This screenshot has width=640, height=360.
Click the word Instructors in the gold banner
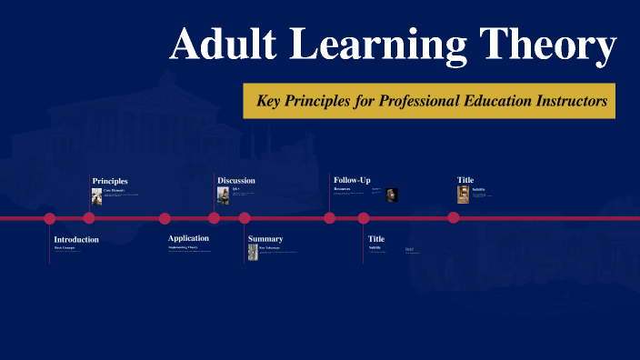tap(570, 101)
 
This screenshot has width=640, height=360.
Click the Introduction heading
tap(76, 239)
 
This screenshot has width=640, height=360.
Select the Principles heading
tap(110, 181)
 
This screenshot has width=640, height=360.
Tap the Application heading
tap(188, 238)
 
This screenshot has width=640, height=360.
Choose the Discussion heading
tap(236, 181)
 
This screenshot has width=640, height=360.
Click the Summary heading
tap(265, 239)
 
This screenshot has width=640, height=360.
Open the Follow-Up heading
tap(352, 181)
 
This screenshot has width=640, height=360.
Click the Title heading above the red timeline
tap(465, 180)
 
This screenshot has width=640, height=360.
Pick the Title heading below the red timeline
tap(376, 239)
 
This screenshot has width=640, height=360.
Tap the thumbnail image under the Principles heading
tap(97, 195)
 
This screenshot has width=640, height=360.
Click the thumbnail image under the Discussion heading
tap(223, 195)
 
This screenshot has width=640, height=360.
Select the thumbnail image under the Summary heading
tap(253, 253)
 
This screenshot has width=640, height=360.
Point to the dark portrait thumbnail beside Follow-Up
tap(391, 195)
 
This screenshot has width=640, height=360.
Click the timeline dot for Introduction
tap(50, 218)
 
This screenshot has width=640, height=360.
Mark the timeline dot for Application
tap(165, 218)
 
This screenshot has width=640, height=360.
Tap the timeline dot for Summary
tap(245, 218)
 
